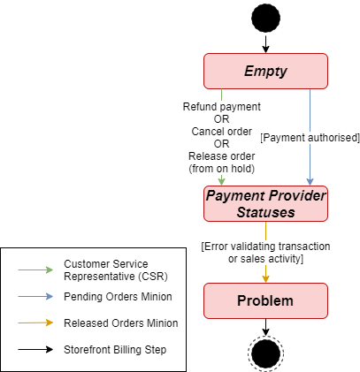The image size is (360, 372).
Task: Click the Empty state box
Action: coord(265,71)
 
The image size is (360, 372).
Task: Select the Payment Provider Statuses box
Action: coord(265,203)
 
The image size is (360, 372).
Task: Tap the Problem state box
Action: coord(265,300)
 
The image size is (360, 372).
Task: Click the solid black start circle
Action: coord(265,18)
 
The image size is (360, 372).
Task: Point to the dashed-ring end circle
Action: coord(265,353)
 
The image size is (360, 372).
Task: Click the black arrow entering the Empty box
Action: coord(265,44)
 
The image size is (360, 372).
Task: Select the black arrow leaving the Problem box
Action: coord(265,327)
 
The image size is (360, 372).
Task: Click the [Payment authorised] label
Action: coord(310,138)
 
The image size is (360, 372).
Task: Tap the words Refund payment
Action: coord(222,107)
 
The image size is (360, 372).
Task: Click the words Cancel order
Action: coord(222,132)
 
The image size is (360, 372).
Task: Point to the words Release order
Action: coord(222,156)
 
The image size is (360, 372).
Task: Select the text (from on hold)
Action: coord(222,169)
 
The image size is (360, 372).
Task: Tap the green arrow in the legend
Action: coord(35,270)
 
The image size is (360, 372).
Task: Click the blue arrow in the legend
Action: coord(35,296)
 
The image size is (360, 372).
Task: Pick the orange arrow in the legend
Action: coord(35,323)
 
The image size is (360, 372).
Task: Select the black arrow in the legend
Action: coord(35,349)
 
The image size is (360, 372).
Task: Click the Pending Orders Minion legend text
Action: coord(118,297)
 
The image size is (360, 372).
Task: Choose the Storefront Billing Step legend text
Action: coord(115,350)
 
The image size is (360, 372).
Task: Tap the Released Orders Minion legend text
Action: coord(121,323)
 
